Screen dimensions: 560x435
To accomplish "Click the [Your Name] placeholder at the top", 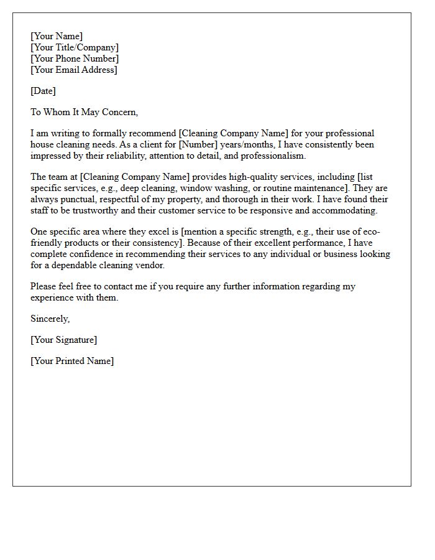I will click(56, 36).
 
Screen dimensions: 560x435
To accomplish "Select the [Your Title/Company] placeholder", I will click(75, 47).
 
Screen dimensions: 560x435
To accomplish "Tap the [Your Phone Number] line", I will click(75, 58).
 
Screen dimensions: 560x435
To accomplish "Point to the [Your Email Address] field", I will click(73, 70).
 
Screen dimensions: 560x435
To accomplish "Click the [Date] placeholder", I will click(43, 91).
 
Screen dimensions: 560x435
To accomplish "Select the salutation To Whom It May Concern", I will click(84, 112).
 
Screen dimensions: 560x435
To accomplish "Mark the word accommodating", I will click(346, 210).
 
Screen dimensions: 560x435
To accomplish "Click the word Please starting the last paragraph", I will click(45, 286).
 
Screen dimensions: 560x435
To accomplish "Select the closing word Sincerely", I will click(50, 319).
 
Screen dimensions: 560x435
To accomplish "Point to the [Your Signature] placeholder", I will click(63, 340).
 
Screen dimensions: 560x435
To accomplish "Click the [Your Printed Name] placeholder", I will click(72, 361).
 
